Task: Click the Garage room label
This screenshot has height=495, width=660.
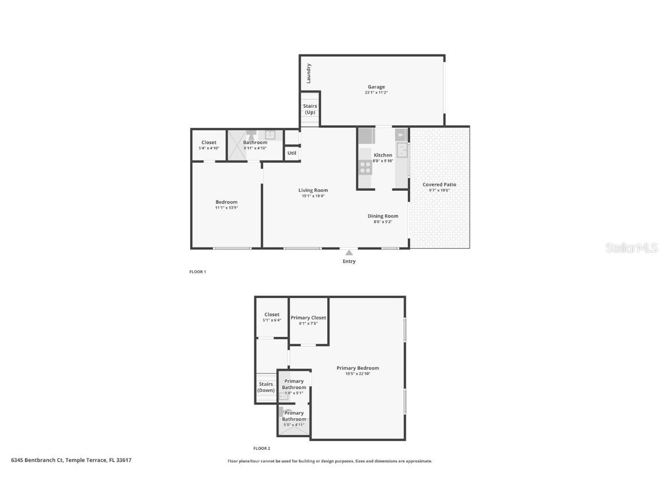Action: pos(376,87)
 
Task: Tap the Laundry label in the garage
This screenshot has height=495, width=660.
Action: pos(309,73)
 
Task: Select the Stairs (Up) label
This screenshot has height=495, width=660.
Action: pos(310,109)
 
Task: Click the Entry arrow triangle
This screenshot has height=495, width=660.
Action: pos(349,252)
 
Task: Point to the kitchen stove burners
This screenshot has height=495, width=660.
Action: pos(365,167)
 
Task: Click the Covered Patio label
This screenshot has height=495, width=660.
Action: pos(439,184)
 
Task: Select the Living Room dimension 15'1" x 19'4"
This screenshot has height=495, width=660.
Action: pos(313,196)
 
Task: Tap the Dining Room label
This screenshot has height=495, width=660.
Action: pos(383,216)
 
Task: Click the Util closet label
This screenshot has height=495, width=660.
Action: pos(292,153)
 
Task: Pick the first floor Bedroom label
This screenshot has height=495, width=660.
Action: pos(226,202)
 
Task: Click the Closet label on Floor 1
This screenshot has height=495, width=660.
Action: pos(209,143)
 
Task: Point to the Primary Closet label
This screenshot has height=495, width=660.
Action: pos(308,317)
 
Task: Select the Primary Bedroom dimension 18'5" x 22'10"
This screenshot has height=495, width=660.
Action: pos(357,374)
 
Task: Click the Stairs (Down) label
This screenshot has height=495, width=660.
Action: pos(266,387)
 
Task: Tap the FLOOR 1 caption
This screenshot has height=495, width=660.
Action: pos(198,272)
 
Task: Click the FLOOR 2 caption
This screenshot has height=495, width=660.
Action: pos(262,449)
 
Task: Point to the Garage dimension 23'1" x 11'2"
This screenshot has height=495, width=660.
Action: pos(376,93)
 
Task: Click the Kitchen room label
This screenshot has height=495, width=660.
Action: pos(383,155)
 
